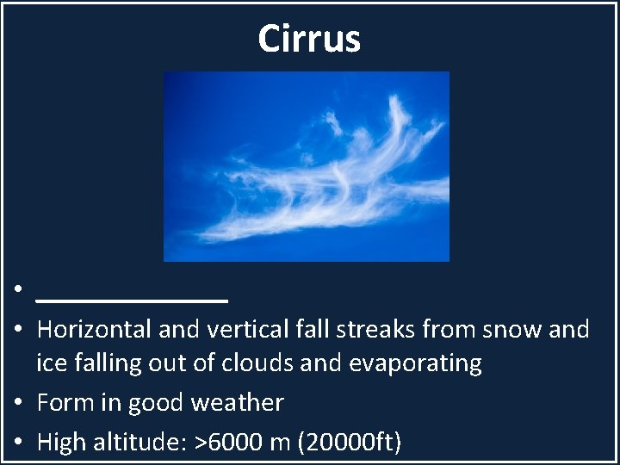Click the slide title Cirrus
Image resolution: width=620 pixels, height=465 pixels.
pyautogui.click(x=309, y=39)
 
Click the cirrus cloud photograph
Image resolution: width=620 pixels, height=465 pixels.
pyautogui.click(x=306, y=166)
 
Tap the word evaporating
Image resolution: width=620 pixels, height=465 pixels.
pyautogui.click(x=415, y=364)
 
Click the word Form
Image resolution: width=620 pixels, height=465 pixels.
pyautogui.click(x=65, y=403)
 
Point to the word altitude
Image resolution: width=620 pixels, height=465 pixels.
pyautogui.click(x=147, y=443)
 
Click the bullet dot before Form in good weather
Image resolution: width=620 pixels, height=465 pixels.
pyautogui.click(x=17, y=404)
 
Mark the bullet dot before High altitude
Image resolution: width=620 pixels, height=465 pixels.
pyautogui.click(x=17, y=443)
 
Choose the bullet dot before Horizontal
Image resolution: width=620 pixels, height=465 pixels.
pyautogui.click(x=17, y=330)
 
